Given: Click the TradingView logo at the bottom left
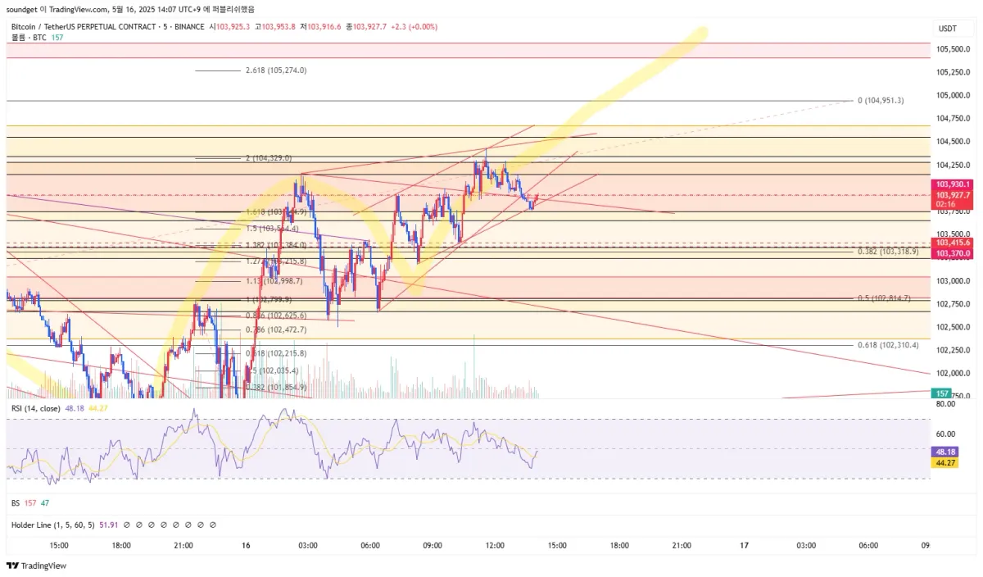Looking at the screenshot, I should (x=37, y=566).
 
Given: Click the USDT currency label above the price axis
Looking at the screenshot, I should (x=947, y=29).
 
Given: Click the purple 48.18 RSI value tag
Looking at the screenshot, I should (x=945, y=452).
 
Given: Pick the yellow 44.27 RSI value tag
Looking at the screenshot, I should (x=945, y=463).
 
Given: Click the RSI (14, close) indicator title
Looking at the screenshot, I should (x=34, y=407).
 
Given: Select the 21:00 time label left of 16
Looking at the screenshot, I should (x=183, y=545).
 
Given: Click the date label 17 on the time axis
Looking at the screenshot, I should (x=744, y=545).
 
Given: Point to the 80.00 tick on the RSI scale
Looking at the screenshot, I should (x=945, y=403).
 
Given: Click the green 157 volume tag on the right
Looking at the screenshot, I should (x=942, y=393).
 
